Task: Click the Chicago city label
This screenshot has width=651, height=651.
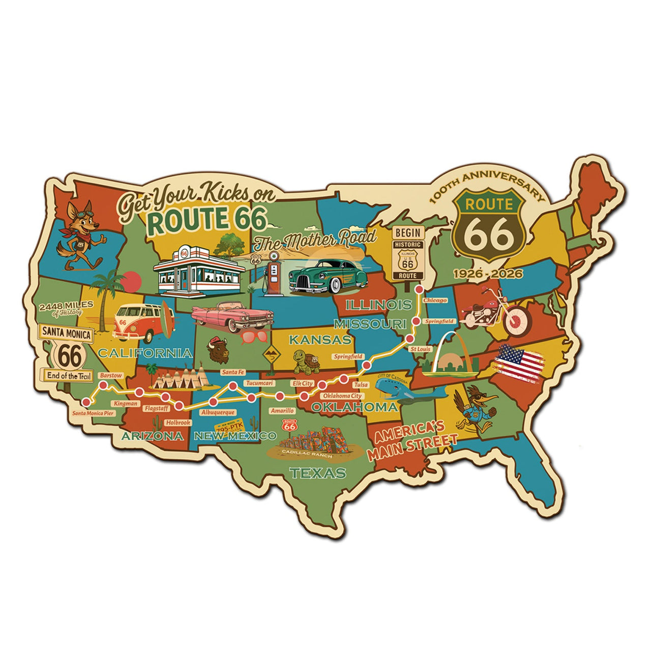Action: click(435, 300)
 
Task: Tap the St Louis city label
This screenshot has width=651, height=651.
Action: click(420, 349)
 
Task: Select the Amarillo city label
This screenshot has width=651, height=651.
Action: click(282, 410)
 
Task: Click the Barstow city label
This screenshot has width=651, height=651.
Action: click(111, 375)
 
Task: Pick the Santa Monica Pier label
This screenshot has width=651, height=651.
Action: click(93, 413)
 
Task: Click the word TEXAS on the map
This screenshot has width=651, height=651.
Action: click(318, 473)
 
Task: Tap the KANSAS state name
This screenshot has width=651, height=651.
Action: click(319, 339)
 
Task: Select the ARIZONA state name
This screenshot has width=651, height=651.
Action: click(153, 436)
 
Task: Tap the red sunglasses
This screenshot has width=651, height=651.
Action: click(254, 337)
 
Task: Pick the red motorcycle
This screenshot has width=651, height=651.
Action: click(495, 309)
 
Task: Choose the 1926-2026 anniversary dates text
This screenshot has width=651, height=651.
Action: click(488, 274)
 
